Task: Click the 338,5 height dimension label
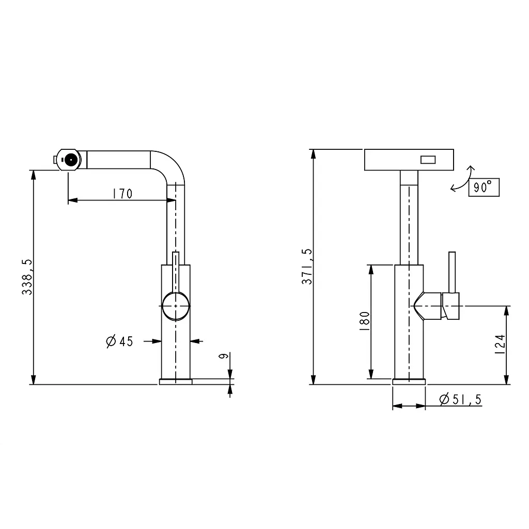(x=27, y=277)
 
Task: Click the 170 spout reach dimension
(x=122, y=194)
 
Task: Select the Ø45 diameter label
(x=120, y=341)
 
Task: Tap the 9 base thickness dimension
(x=223, y=356)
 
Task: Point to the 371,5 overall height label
(x=307, y=267)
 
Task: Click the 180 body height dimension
(x=365, y=321)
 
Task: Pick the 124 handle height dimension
(x=500, y=344)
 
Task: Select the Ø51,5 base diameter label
(x=460, y=399)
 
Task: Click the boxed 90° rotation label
(x=484, y=187)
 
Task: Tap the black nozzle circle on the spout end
(x=71, y=159)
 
